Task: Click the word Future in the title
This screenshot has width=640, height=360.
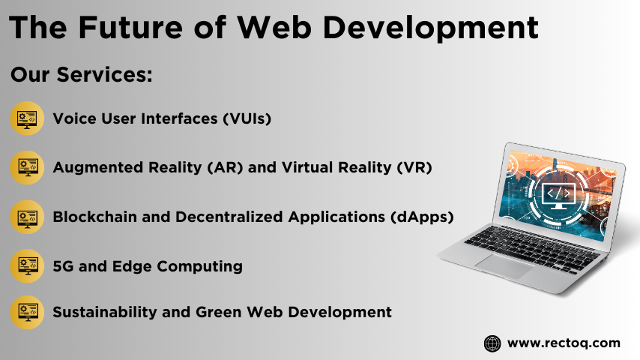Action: point(130,28)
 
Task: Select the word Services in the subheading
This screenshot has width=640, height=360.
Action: point(104,74)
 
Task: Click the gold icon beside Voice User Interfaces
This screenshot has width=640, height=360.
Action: point(27,118)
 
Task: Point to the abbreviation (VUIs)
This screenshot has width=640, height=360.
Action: point(247,118)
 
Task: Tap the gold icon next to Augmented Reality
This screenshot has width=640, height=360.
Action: point(27,167)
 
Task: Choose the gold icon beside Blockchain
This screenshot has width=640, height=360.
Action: point(27,217)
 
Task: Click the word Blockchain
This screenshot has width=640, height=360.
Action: point(95,217)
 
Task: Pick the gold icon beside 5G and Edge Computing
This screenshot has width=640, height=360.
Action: point(27,266)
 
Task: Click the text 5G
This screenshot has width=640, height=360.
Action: point(63,266)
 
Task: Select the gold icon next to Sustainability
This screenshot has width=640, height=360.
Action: point(27,312)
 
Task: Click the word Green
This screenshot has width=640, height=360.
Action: point(218,312)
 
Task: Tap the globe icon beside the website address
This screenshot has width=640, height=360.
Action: point(492,343)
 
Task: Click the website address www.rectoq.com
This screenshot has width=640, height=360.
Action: point(564,343)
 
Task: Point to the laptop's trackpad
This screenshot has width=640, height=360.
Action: point(504,265)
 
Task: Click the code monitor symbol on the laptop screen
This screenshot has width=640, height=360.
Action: point(558,195)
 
